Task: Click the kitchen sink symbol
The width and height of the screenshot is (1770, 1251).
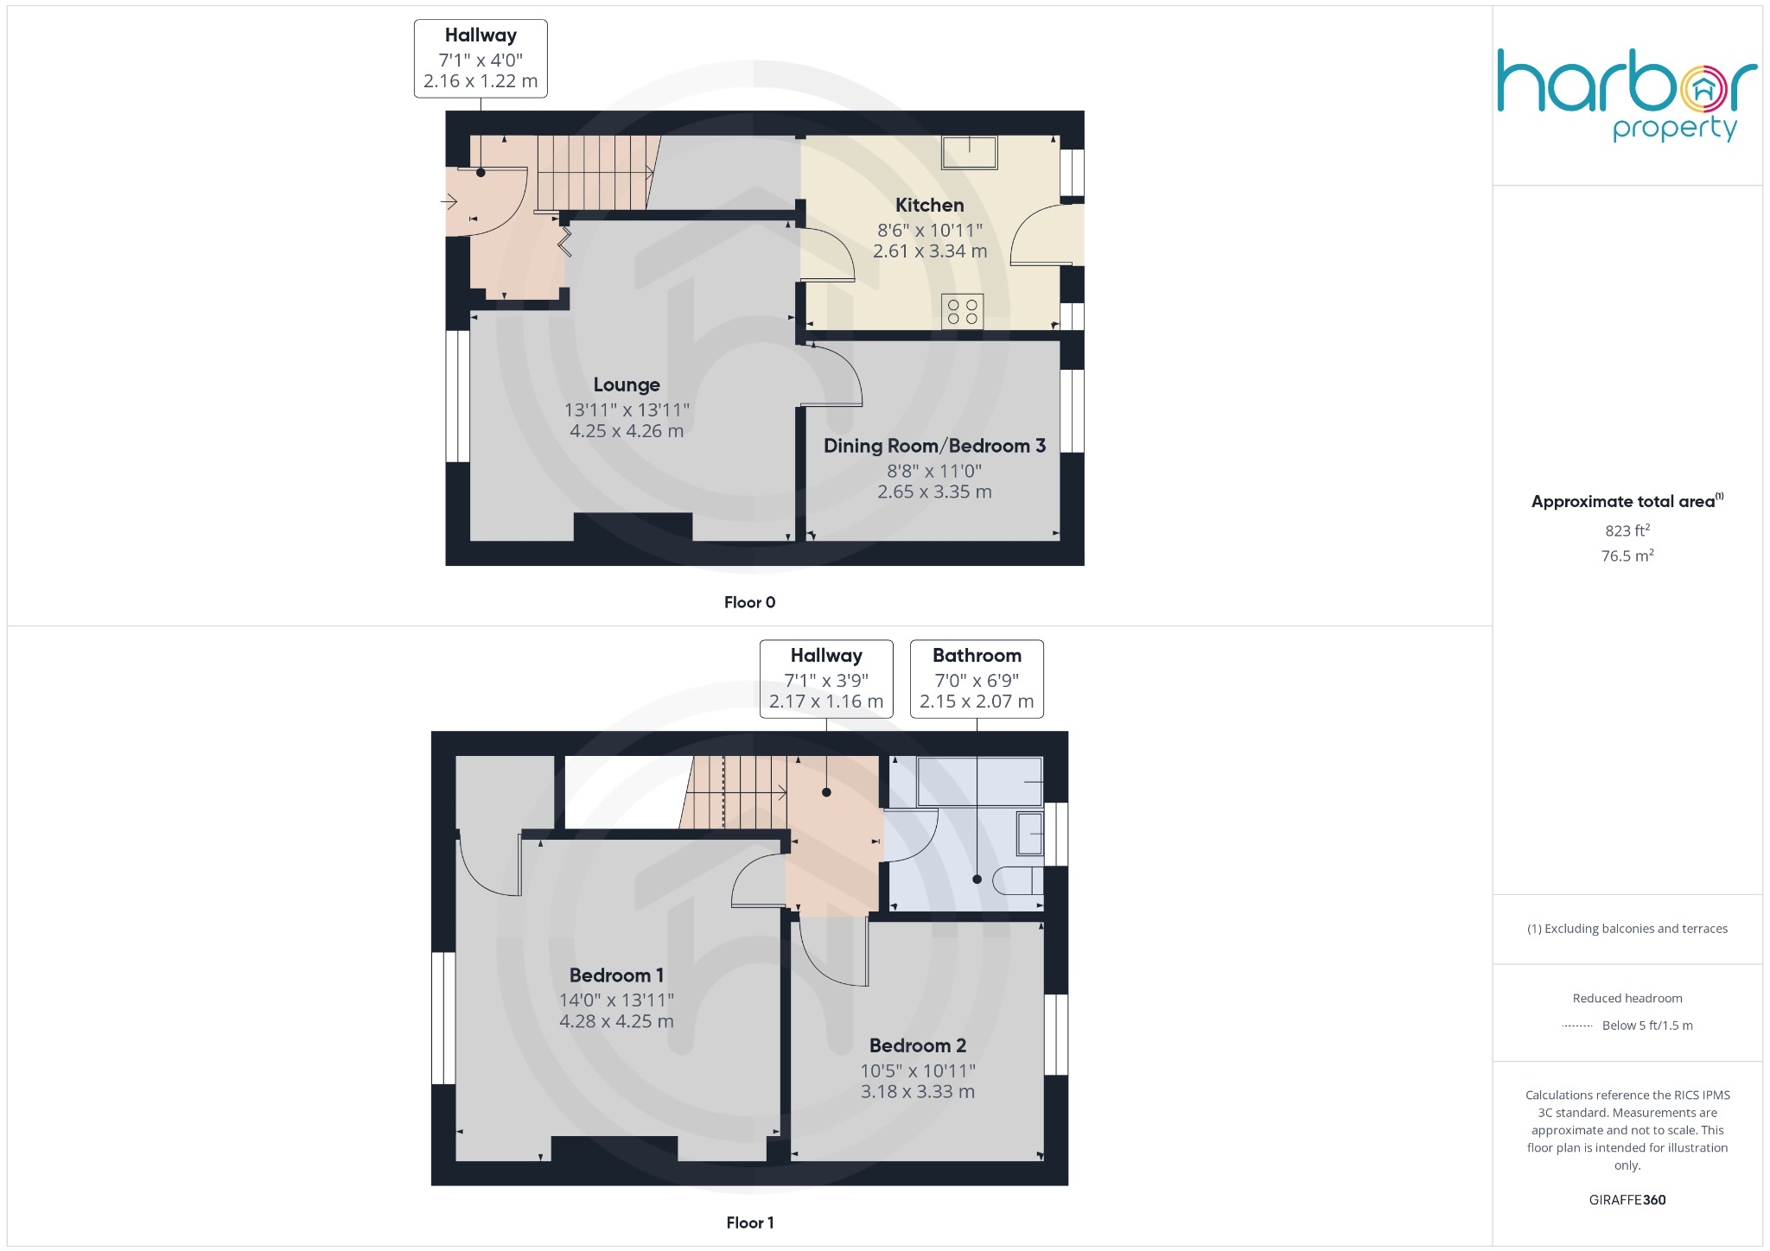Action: (x=969, y=153)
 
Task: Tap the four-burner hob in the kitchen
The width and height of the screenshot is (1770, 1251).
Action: (x=962, y=312)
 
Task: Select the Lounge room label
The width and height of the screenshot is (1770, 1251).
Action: (x=627, y=384)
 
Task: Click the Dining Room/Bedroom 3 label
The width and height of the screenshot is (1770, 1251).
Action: (x=934, y=446)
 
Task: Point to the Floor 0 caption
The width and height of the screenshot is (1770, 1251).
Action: (x=749, y=602)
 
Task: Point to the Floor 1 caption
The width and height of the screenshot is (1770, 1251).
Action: (x=749, y=1222)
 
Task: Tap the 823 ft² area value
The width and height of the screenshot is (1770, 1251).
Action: (x=1627, y=530)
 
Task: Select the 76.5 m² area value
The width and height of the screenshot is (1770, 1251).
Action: (x=1627, y=556)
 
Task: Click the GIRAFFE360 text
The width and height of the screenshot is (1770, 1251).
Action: (x=1627, y=1199)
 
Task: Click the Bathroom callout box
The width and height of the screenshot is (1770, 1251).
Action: (x=977, y=679)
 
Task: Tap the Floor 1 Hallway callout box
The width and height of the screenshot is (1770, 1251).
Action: (x=826, y=679)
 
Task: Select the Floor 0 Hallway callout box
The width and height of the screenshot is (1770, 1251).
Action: (x=481, y=59)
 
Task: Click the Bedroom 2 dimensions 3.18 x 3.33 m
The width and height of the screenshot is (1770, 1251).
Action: (x=917, y=1091)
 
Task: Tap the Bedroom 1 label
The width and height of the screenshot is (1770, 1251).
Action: (x=616, y=975)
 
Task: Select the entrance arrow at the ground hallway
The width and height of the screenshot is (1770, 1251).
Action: (x=449, y=202)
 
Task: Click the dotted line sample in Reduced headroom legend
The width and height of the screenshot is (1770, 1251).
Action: (x=1577, y=1026)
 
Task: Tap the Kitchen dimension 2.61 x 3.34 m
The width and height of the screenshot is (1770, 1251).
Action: (x=929, y=251)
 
